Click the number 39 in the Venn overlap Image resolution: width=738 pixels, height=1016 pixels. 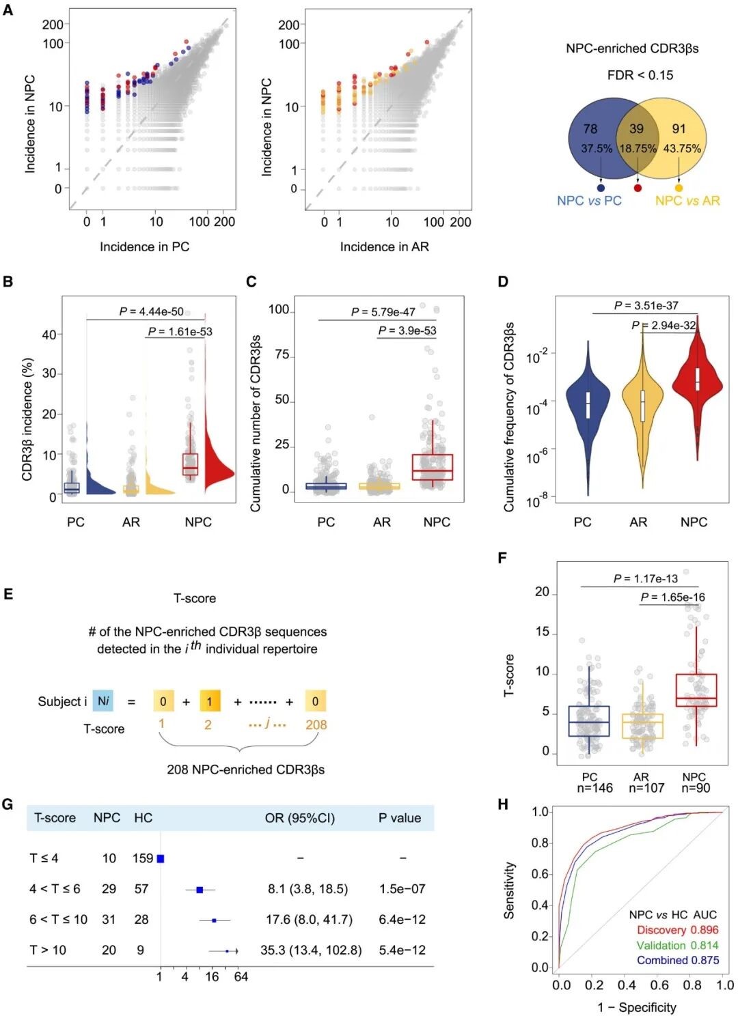(636, 128)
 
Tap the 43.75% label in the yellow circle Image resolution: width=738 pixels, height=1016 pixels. (681, 148)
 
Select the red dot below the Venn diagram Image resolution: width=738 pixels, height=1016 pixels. (638, 188)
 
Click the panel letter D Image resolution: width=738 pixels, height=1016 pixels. (503, 281)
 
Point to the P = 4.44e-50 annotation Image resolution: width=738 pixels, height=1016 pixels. (151, 311)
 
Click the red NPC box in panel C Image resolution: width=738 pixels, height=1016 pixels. (432, 467)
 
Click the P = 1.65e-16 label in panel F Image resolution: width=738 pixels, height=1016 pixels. (672, 597)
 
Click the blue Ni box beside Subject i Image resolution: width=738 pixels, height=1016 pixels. (102, 701)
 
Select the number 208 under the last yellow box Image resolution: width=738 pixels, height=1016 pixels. (316, 724)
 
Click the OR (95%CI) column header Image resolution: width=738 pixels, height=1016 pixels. (299, 818)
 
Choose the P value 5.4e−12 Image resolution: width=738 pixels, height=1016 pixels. (402, 950)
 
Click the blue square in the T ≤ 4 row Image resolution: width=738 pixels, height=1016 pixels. (161, 858)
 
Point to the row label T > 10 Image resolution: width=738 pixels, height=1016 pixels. (48, 950)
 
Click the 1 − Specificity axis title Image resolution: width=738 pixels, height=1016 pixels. (636, 1007)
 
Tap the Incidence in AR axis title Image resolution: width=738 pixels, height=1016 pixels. (384, 246)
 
